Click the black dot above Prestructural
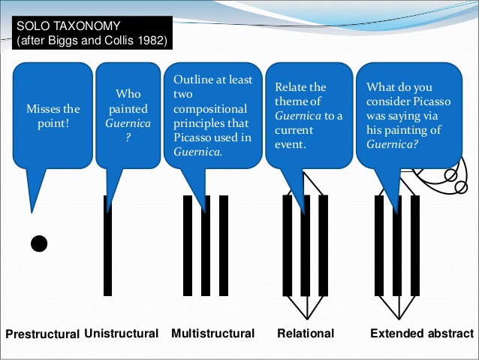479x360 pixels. coord(39,244)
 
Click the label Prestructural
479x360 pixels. coord(42,334)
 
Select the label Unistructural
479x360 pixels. coord(122,333)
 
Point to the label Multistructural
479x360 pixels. coord(212,333)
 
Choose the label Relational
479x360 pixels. coord(306,333)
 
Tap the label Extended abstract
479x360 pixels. coord(422,333)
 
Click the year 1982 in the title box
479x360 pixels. coord(152,40)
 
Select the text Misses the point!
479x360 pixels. coord(53,116)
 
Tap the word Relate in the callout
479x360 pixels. coord(291,88)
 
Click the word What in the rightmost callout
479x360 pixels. coord(380,88)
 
